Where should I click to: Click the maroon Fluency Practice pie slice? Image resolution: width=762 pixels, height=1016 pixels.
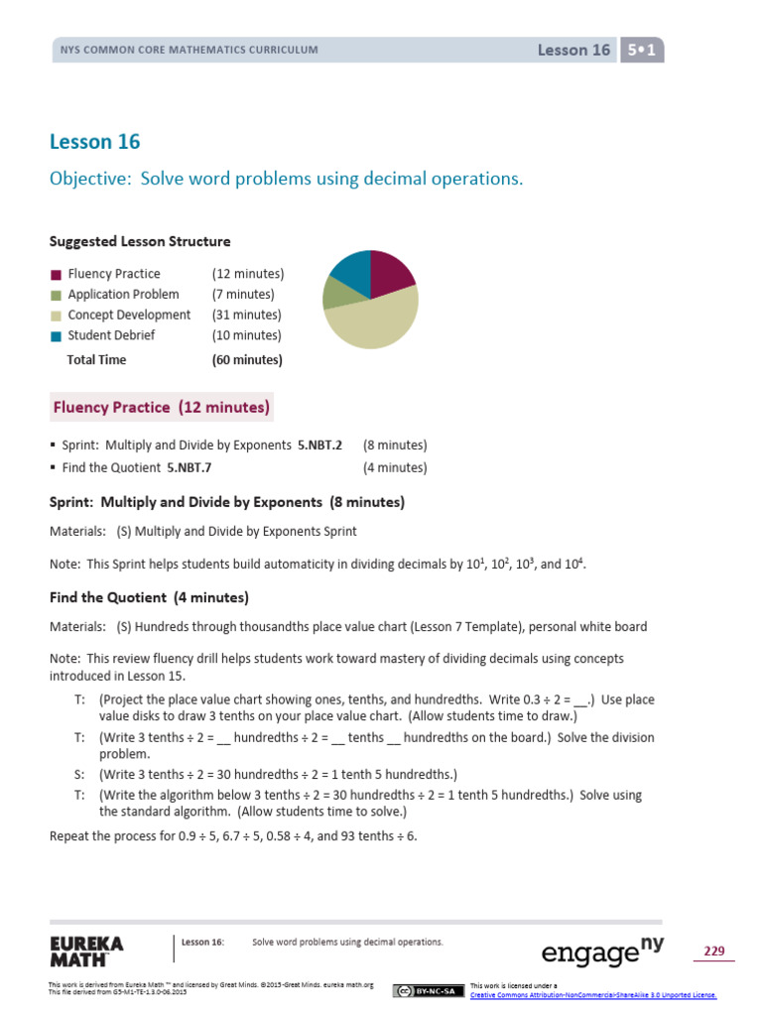pyautogui.click(x=389, y=274)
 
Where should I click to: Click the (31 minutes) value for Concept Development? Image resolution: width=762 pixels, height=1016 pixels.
pyautogui.click(x=246, y=315)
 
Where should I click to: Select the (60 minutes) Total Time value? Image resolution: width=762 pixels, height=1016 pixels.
pyautogui.click(x=246, y=360)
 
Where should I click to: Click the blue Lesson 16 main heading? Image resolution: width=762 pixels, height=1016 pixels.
pyautogui.click(x=94, y=142)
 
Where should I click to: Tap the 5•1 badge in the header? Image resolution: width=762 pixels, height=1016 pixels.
pyautogui.click(x=641, y=50)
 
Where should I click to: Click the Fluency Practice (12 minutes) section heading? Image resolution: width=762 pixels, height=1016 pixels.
pyautogui.click(x=161, y=407)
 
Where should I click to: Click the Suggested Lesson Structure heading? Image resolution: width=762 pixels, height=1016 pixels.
pyautogui.click(x=140, y=241)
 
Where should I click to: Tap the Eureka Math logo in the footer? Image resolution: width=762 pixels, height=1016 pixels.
pyautogui.click(x=86, y=951)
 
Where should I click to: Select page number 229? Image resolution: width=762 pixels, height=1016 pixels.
pyautogui.click(x=713, y=952)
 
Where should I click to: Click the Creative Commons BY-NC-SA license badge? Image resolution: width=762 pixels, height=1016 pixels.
pyautogui.click(x=428, y=990)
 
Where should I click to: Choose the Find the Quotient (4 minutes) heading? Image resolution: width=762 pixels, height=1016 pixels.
pyautogui.click(x=149, y=597)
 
